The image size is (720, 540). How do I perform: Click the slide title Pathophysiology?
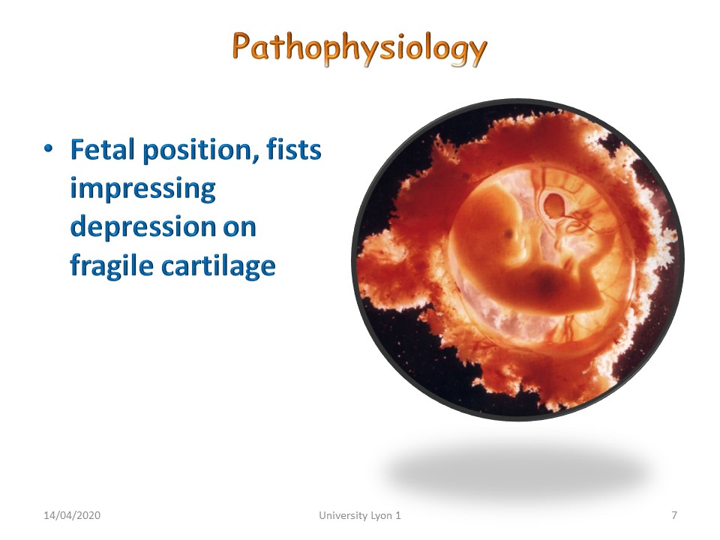point(359,49)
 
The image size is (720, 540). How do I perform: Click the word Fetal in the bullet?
point(103,150)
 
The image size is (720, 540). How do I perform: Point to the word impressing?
point(142,190)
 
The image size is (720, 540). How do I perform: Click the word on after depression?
point(240,228)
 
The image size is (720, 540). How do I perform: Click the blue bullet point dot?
point(48,148)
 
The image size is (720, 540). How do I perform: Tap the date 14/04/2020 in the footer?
point(72,515)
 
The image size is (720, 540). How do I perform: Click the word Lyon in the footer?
point(382,516)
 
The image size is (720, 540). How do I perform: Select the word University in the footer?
point(343,516)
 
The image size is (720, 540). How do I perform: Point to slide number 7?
point(674,515)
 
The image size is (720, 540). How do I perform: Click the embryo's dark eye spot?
point(508,235)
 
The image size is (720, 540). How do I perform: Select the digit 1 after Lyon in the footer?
point(398,515)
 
